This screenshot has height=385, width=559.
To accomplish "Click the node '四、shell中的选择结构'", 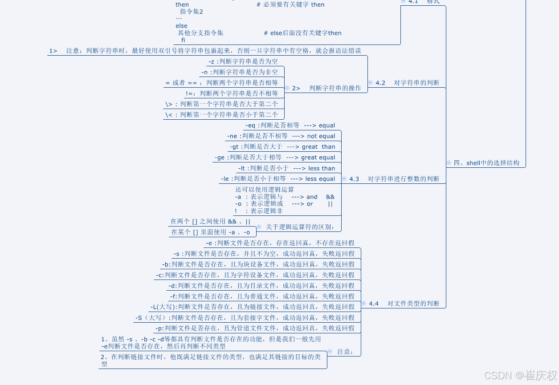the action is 486,163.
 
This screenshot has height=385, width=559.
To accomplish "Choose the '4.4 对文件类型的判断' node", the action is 404,304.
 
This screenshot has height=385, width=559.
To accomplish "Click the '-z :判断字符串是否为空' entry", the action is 243,61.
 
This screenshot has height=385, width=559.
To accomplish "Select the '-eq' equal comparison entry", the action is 290,126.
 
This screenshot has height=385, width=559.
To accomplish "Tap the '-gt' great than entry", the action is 282,147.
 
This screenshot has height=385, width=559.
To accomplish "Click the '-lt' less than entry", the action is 286,168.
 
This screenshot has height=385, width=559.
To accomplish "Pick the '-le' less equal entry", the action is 278,179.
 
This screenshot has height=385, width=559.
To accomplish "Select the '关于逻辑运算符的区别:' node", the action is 299,227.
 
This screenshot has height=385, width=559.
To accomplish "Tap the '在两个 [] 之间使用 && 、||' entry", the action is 210,222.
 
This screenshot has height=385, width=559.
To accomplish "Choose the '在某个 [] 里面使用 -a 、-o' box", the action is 211,232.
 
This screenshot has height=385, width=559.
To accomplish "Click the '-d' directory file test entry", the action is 261,286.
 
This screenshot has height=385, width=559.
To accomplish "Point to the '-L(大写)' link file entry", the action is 252,307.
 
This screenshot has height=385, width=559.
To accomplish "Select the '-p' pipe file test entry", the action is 255,328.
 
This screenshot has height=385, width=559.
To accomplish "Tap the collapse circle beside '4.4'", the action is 363,304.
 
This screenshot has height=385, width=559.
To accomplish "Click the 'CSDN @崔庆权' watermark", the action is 520,375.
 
